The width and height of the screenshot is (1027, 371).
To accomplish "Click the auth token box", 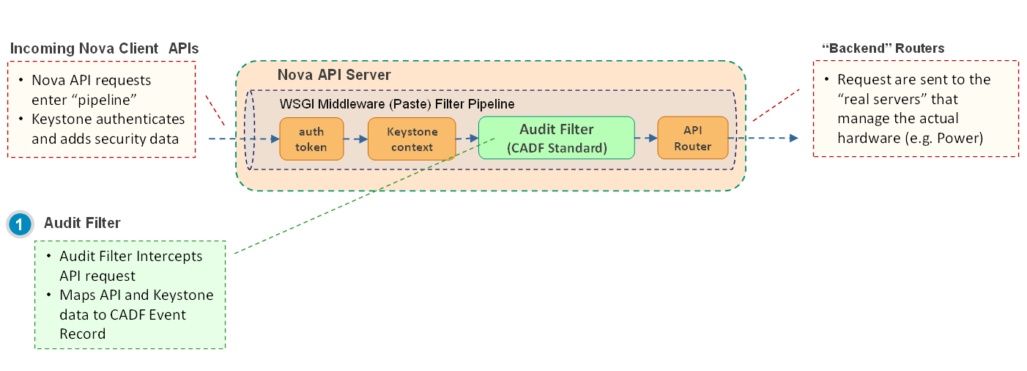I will point(311,139).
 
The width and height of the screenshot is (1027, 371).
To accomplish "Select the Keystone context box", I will point(412,139).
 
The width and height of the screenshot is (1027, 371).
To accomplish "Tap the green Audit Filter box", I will point(556,138).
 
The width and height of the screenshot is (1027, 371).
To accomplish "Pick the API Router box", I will point(692,138).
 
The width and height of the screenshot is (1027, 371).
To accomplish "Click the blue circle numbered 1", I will point(20,224).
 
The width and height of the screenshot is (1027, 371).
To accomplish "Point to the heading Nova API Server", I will point(334,76).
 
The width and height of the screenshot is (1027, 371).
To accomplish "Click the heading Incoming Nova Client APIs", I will point(104,48).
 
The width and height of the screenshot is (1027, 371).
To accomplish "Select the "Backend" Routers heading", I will point(883,48).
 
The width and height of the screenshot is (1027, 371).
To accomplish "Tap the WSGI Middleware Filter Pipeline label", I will point(398,104).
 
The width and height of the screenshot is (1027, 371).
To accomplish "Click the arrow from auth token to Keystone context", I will point(355,138).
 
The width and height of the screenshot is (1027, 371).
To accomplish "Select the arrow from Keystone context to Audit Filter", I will point(467,138).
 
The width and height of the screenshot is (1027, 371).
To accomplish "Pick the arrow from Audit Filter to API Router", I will point(646,138).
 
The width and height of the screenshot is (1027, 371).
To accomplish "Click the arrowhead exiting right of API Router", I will point(793,138).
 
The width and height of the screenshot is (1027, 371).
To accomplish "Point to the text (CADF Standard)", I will point(557,148).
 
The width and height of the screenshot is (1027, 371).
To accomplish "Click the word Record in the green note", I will point(83,334).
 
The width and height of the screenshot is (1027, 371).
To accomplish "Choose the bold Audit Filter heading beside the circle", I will point(82,223).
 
